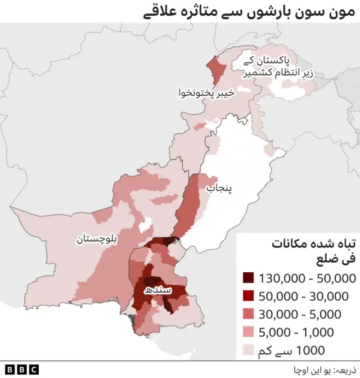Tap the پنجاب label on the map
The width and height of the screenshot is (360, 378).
(x=220, y=189)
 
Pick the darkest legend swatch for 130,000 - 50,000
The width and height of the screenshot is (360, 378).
(x=248, y=278)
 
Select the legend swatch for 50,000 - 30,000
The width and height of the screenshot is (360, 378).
(x=248, y=296)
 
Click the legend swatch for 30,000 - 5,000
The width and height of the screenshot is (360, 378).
(x=248, y=314)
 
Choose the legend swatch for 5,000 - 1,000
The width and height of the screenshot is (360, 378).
(x=248, y=332)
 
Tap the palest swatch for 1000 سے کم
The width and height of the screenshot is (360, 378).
(x=248, y=350)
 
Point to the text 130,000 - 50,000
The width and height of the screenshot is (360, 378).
(x=307, y=278)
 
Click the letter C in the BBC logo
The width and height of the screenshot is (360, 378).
(x=33, y=370)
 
